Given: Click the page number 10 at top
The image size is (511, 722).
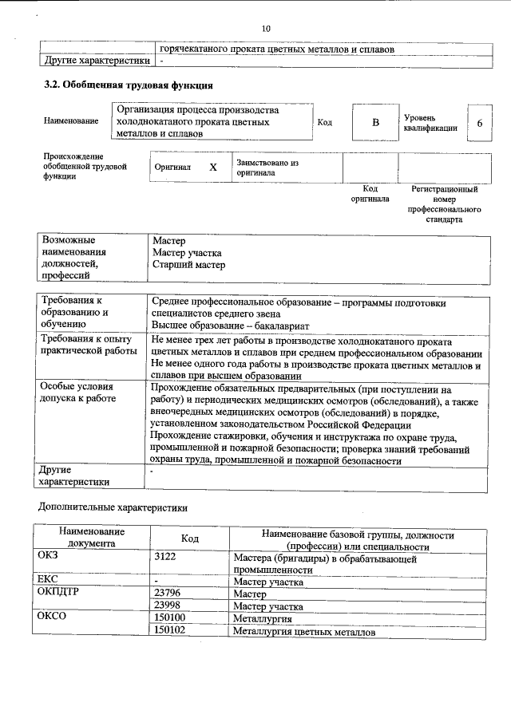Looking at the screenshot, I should pyautogui.click(x=266, y=29).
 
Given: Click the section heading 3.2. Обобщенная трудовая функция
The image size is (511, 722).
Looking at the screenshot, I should pyautogui.click(x=128, y=85).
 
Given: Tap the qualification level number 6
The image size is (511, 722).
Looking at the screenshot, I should pyautogui.click(x=479, y=123).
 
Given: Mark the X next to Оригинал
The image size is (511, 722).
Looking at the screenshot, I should pyautogui.click(x=213, y=168).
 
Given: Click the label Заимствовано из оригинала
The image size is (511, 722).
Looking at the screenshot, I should pyautogui.click(x=267, y=168).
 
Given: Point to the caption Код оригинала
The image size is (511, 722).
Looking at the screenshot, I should pyautogui.click(x=370, y=194).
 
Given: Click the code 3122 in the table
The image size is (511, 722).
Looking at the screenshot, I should pyautogui.click(x=164, y=557).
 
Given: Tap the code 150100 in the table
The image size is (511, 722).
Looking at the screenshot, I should pyautogui.click(x=169, y=618).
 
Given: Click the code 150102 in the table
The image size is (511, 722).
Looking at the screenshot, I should pyautogui.click(x=169, y=631).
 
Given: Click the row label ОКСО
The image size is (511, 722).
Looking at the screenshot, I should pyautogui.click(x=52, y=618).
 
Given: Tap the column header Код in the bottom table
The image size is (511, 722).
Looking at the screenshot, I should pyautogui.click(x=189, y=539).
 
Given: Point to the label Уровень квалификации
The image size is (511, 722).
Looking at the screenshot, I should pyautogui.click(x=430, y=123).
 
